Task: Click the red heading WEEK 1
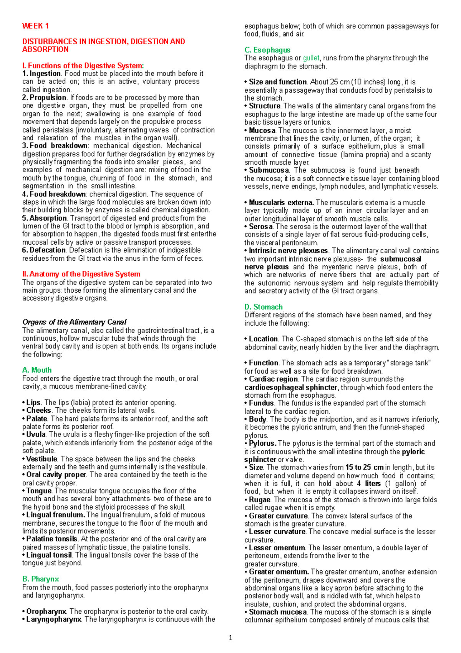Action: click(35, 26)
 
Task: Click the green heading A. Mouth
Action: click(37, 370)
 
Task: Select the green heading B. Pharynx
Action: click(40, 579)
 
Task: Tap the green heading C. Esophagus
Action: click(267, 50)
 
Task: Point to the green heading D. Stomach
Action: click(264, 307)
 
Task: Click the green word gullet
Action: click(311, 58)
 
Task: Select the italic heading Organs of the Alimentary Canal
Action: click(74, 322)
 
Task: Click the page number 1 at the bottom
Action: click(230, 638)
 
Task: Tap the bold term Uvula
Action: click(36, 435)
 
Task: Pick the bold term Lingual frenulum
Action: click(56, 515)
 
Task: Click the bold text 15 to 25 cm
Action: click(364, 468)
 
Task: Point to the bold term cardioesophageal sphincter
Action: click(291, 387)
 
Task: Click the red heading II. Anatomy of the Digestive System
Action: click(81, 274)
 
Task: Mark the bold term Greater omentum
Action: click(279, 572)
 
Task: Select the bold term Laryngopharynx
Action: click(53, 619)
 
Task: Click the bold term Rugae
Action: click(260, 500)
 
